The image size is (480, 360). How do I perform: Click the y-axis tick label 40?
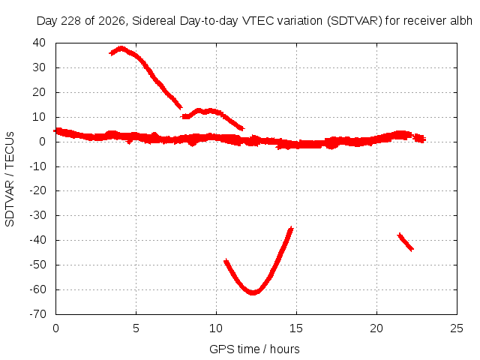coord(39,43)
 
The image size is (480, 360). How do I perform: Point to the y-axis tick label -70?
coord(37,314)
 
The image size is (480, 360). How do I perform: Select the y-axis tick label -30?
coord(37,215)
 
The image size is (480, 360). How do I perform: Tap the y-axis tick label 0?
coord(42,142)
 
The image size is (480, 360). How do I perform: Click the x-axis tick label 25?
coord(457,328)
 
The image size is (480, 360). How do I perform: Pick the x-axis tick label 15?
coord(296,328)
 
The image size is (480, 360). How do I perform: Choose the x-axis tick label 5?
coord(136,328)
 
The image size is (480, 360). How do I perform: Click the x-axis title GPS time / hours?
coord(254,349)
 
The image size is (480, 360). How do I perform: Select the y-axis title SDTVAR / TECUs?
coord(10,179)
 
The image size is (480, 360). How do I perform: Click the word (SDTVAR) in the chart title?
coord(355,21)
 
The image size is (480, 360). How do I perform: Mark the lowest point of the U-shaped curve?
coord(253,292)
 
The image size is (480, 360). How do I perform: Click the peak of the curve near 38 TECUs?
coord(121,48)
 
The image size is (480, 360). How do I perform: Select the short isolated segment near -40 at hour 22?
coord(406,241)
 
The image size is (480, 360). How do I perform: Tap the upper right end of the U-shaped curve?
coord(291,229)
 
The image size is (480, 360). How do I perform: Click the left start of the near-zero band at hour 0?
coord(55,131)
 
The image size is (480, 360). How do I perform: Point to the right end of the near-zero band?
coord(424,139)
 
